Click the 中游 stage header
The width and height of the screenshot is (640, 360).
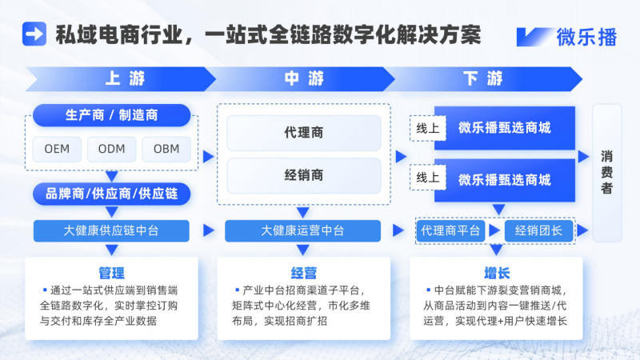pos(304,78)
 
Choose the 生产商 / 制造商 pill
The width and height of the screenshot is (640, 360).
pos(111,115)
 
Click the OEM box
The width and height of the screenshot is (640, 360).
pos(57,149)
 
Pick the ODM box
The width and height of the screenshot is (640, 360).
pos(111,149)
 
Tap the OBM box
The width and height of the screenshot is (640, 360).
pos(166,149)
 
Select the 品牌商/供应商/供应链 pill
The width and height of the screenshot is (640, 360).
pos(111,194)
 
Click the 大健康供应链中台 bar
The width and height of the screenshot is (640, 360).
pos(111,230)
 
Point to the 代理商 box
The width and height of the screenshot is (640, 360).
pos(304,133)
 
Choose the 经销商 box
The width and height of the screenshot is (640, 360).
pos(304,175)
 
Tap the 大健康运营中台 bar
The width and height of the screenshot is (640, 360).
pos(304,230)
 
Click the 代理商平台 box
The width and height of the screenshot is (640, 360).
pos(451,230)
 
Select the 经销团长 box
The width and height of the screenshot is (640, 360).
pos(538,230)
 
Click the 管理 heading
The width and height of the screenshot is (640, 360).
pos(111,272)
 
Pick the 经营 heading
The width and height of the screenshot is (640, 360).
pos(304,272)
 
